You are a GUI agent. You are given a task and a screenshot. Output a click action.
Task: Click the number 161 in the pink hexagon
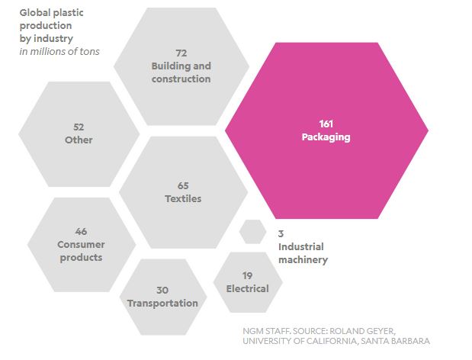click(326, 124)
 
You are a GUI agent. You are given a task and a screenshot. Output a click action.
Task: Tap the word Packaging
click(326, 137)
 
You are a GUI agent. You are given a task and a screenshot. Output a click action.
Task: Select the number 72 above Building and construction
click(181, 53)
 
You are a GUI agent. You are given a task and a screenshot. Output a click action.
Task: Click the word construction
click(181, 79)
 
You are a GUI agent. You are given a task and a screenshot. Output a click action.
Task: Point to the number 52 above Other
click(79, 127)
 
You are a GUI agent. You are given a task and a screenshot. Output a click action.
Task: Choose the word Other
click(79, 140)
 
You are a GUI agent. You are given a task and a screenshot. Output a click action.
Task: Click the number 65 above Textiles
click(183, 185)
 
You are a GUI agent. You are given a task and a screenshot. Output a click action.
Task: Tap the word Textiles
click(183, 198)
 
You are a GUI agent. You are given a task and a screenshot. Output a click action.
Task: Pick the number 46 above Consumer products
click(81, 231)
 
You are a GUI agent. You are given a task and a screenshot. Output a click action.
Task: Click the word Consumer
click(81, 244)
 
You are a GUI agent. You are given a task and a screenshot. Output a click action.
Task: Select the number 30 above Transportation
click(162, 290)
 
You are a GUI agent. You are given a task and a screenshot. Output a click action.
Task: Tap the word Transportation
click(162, 303)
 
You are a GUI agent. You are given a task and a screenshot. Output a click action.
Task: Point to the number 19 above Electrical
click(248, 275)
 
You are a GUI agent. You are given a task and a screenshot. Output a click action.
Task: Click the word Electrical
click(248, 288)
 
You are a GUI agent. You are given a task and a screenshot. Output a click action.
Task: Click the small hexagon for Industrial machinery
click(253, 231)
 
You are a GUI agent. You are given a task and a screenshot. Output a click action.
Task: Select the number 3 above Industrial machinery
click(281, 233)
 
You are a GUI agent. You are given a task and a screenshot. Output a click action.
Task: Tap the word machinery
click(303, 260)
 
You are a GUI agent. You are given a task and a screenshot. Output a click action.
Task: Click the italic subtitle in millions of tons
click(59, 51)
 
